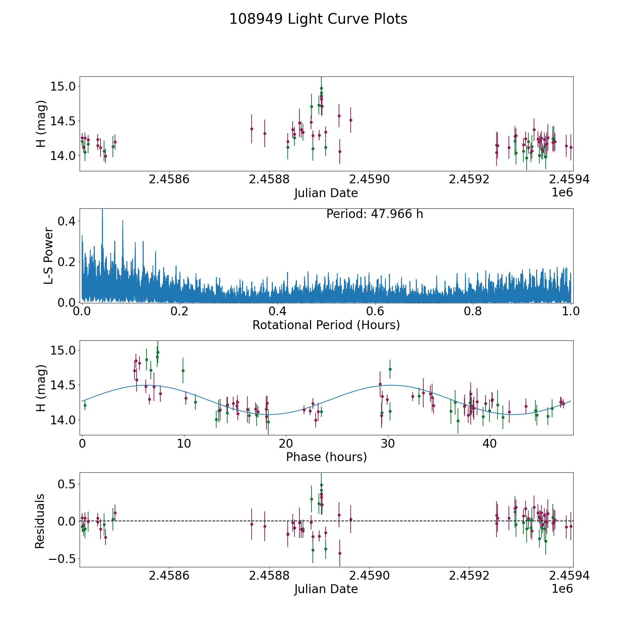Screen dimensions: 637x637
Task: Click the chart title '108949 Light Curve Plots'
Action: pyautogui.click(x=318, y=19)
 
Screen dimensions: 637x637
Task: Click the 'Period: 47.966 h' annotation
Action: pyautogui.click(x=374, y=214)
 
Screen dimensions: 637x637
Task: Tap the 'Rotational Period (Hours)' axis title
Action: pyautogui.click(x=326, y=325)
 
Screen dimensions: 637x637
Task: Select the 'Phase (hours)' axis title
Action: pyautogui.click(x=326, y=457)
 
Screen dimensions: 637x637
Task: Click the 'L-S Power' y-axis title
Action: pyautogui.click(x=48, y=256)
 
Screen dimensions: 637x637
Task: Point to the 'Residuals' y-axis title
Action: pyautogui.click(x=40, y=521)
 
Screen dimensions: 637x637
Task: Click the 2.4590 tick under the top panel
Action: pyautogui.click(x=369, y=180)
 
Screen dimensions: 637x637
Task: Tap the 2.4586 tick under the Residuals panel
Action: pyautogui.click(x=169, y=576)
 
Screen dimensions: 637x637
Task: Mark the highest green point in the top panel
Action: pyautogui.click(x=321, y=88)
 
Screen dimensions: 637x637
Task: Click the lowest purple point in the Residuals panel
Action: pyautogui.click(x=340, y=553)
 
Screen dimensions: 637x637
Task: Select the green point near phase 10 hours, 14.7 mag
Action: pyautogui.click(x=183, y=371)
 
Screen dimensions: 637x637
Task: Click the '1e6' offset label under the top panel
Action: pyautogui.click(x=562, y=193)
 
